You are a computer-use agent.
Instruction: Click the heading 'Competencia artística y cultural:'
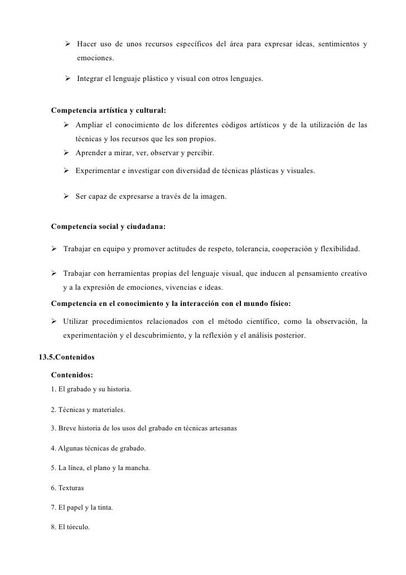[x=108, y=109]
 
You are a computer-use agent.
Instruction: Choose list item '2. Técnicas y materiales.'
[x=88, y=410]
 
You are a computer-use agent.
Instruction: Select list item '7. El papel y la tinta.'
[x=81, y=507]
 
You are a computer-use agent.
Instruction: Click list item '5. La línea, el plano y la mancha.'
[x=100, y=468]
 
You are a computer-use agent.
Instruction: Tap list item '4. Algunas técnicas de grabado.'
[x=98, y=448]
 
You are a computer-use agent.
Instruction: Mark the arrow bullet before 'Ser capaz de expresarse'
[x=66, y=196]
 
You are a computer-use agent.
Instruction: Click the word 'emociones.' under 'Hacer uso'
[x=95, y=58]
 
